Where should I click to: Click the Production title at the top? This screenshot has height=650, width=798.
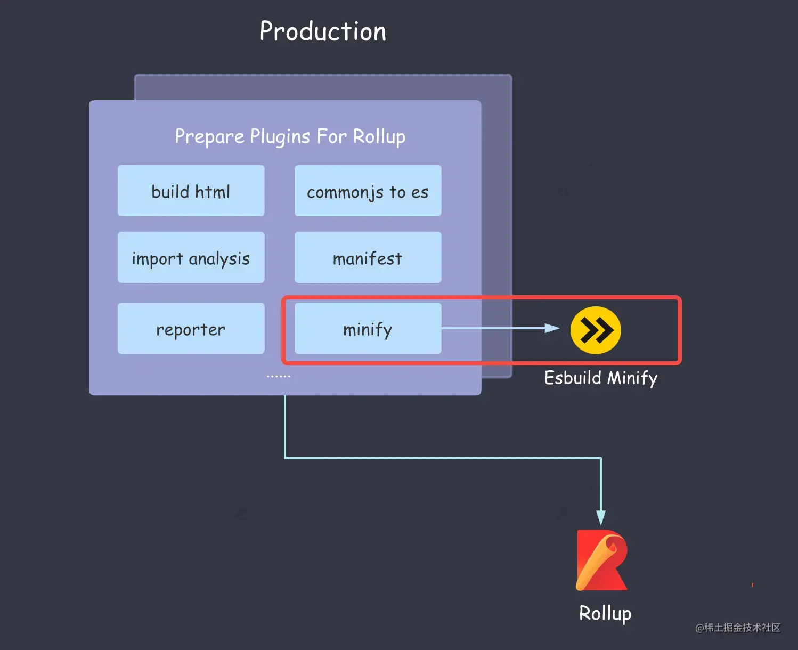coord(323,31)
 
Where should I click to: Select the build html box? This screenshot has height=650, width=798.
coord(191,191)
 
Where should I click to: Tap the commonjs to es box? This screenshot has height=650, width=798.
coord(368,191)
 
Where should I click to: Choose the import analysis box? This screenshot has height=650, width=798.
coord(191,257)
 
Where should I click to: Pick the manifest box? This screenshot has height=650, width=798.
coord(368,257)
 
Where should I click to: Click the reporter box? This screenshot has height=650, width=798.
coord(191,328)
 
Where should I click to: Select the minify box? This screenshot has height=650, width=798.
coord(368,328)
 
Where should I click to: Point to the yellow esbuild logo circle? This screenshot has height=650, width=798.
coord(596,330)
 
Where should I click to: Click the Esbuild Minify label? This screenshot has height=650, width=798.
coord(600,378)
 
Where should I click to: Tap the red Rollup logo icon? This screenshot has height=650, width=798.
coord(602,560)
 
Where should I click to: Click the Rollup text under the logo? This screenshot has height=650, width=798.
coord(605,613)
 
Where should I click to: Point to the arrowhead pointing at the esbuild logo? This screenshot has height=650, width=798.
coord(552,328)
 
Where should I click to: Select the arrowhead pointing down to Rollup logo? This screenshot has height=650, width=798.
coord(601,517)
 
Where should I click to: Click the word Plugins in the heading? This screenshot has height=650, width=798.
coord(280,136)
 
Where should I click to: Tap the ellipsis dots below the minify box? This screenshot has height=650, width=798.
coord(279,376)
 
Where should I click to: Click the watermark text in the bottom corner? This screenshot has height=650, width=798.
coord(738,628)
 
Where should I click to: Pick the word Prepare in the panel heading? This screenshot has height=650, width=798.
coord(209,136)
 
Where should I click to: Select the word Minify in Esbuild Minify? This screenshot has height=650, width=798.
coord(632,378)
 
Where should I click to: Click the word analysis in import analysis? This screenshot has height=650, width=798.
coord(219,258)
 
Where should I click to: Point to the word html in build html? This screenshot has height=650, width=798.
coord(213,191)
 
